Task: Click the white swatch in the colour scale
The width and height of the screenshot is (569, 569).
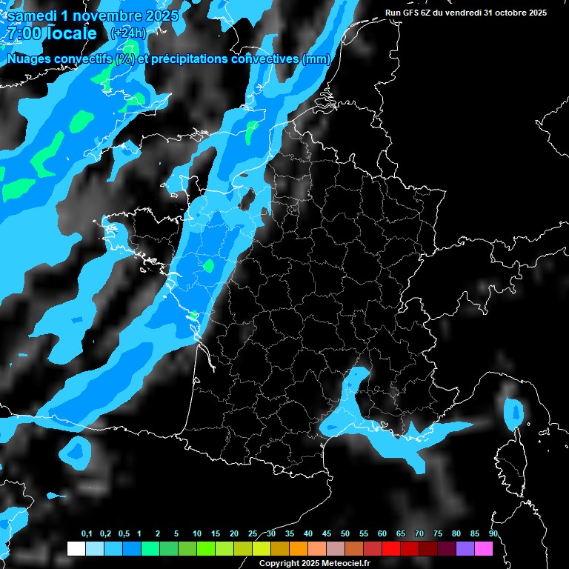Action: (x=76, y=548)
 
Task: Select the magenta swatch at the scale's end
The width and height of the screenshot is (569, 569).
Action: (x=484, y=548)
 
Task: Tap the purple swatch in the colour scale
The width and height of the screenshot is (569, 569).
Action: (x=465, y=548)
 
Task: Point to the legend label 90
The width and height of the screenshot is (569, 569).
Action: (x=493, y=534)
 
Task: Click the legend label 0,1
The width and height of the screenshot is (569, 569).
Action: (x=87, y=534)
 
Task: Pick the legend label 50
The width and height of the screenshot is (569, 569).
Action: (x=345, y=534)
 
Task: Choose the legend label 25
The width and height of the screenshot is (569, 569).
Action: (x=253, y=534)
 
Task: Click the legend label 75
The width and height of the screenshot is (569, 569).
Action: (x=438, y=534)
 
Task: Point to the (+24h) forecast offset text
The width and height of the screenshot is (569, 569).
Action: (x=127, y=33)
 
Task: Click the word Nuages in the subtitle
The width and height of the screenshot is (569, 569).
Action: (x=30, y=59)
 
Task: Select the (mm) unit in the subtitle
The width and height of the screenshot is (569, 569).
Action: (x=316, y=59)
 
